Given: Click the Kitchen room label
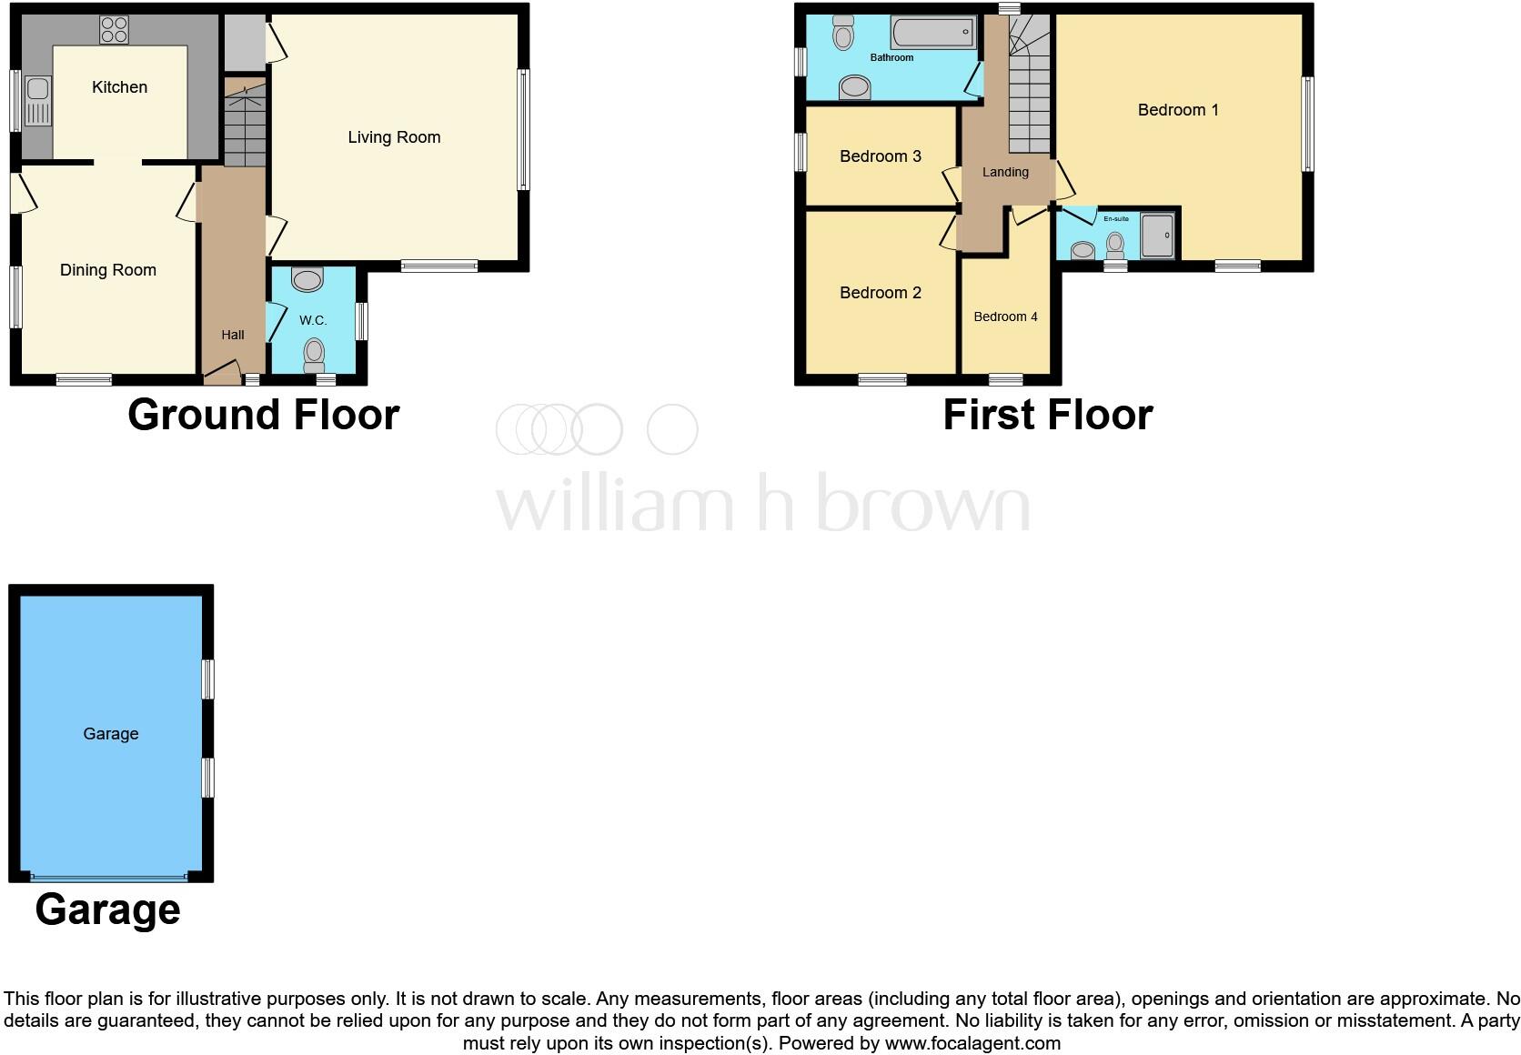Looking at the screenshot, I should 119,87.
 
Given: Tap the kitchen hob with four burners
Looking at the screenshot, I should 114,30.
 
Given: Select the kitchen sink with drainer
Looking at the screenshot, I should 38,100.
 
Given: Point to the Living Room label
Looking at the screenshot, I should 394,137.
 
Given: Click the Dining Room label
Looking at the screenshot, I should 108,270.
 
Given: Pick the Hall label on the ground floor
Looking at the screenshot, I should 233,335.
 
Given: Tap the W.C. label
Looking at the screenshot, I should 313,320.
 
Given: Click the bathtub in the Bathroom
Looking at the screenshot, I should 933,34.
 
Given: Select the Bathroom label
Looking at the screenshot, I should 891,57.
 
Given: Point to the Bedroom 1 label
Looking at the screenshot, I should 1178,110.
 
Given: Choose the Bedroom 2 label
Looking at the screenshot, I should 881,293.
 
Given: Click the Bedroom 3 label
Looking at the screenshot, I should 881,156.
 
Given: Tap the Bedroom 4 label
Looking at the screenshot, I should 1005,316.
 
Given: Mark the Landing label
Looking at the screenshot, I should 1005,172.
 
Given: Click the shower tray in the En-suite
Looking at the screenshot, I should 1157,236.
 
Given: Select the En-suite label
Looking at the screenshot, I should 1116,219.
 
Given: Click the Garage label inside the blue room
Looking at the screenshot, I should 111,734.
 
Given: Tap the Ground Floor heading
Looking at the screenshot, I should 264,415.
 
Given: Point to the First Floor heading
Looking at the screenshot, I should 1048,415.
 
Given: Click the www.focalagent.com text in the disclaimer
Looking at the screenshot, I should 972,1043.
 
